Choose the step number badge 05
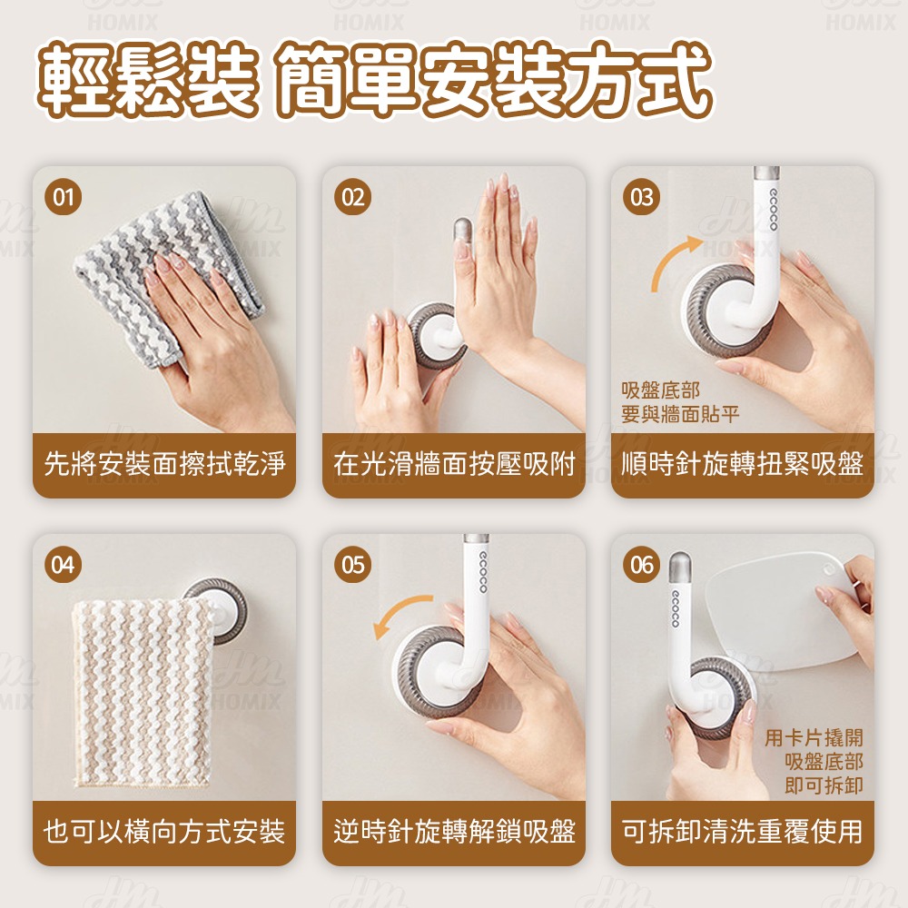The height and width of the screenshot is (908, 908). click(353, 566)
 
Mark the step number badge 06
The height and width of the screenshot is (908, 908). click(642, 566)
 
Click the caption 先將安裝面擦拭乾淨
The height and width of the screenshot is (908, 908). click(164, 465)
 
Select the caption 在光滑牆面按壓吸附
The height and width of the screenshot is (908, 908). click(454, 465)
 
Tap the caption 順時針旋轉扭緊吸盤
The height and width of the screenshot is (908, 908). click(743, 465)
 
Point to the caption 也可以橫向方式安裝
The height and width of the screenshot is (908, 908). click(164, 831)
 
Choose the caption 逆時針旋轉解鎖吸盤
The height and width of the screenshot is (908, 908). click(454, 831)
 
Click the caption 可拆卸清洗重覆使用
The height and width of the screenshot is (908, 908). click(743, 831)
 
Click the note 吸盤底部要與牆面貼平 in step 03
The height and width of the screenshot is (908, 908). click(679, 402)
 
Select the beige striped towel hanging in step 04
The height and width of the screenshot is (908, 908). click(141, 690)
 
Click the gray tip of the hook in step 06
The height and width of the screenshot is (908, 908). click(678, 567)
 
